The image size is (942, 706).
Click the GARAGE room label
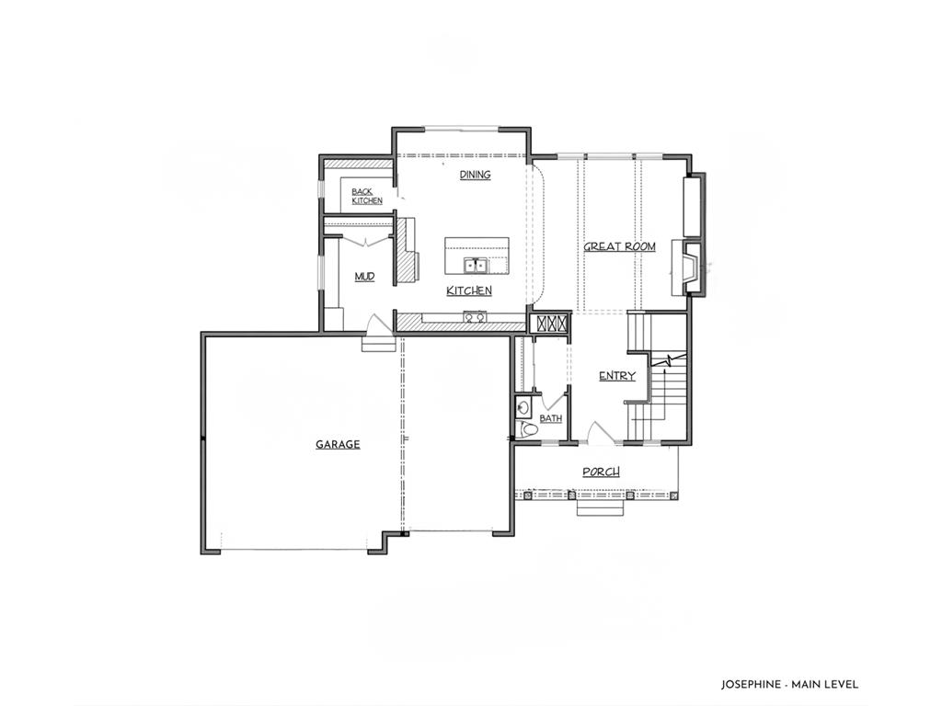click(338, 444)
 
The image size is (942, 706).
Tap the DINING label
click(476, 175)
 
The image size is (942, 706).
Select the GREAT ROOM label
click(619, 246)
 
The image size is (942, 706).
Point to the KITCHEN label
click(469, 290)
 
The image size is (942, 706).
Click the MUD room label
click(364, 276)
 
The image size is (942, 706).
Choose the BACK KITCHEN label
click(367, 197)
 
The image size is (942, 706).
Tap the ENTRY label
click(617, 376)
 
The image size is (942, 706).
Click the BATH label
click(550, 418)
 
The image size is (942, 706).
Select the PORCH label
click(602, 472)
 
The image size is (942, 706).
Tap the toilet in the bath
click(527, 430)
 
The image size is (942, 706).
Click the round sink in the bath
click(523, 408)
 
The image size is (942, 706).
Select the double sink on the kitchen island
click(476, 265)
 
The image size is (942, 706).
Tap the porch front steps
click(602, 507)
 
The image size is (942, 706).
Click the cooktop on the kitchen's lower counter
click(475, 317)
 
